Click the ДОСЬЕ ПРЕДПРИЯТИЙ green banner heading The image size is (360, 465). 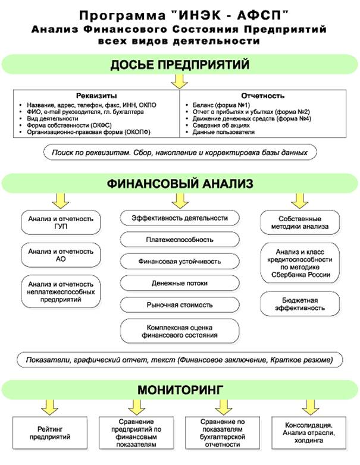(180, 64)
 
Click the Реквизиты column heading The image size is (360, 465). (96, 95)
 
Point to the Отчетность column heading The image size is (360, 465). (264, 95)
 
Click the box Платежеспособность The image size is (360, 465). (180, 240)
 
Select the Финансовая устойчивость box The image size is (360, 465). (180, 261)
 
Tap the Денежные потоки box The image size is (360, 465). (180, 283)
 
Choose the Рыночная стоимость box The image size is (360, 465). (180, 304)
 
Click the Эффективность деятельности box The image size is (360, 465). (180, 218)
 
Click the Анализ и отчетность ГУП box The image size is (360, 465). (61, 223)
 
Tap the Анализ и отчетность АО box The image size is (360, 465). (61, 255)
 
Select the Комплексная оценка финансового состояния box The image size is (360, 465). (180, 331)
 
